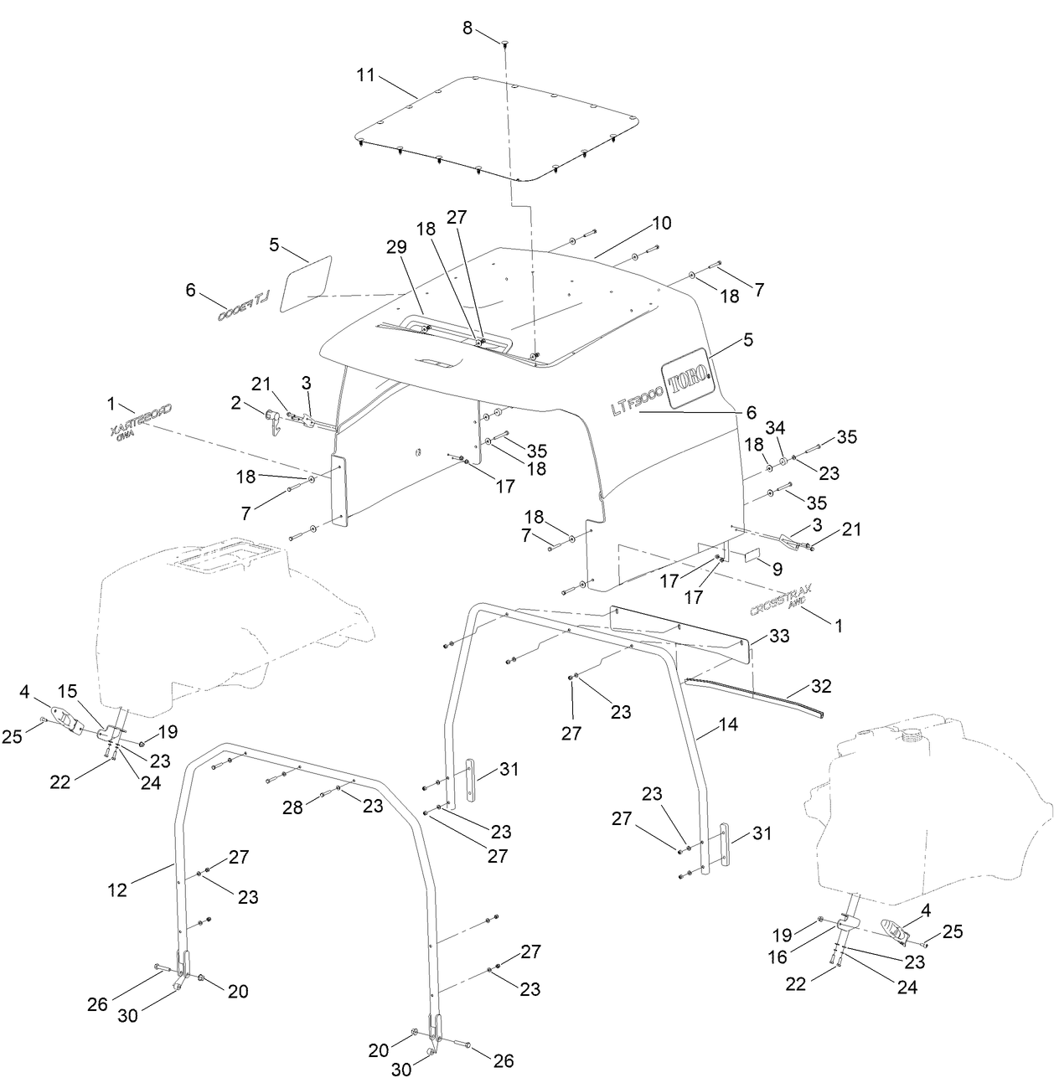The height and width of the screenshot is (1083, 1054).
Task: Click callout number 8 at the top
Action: (468, 28)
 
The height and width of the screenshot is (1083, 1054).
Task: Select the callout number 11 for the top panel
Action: (365, 75)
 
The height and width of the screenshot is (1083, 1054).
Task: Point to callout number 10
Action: (662, 224)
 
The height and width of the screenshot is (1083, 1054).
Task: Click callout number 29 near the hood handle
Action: (396, 247)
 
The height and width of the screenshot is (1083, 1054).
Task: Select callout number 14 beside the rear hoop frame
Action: (728, 725)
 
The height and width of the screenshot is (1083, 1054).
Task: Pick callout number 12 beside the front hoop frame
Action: (117, 890)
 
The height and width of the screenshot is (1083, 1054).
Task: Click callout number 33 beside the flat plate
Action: (779, 637)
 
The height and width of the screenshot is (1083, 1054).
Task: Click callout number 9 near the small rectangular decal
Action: (778, 569)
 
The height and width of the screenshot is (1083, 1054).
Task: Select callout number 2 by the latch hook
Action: (236, 403)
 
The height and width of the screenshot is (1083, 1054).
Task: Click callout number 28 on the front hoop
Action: (292, 807)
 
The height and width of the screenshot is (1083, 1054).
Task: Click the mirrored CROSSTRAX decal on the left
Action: (139, 419)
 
